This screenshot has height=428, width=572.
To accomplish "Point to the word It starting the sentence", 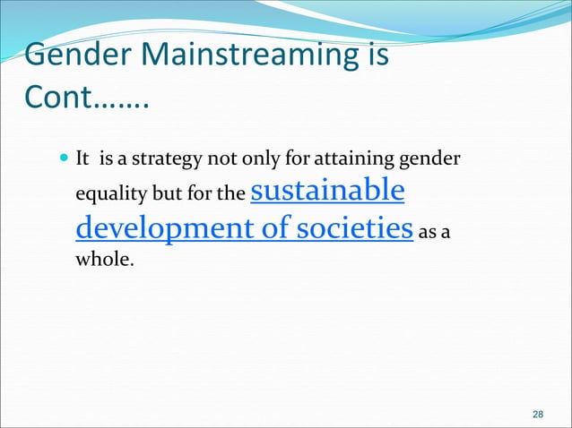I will [x=82, y=160].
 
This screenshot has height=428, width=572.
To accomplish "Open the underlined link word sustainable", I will [x=325, y=191].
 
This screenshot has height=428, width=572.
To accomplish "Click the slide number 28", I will [x=538, y=414].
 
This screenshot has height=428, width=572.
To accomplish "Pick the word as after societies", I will [x=428, y=231].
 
